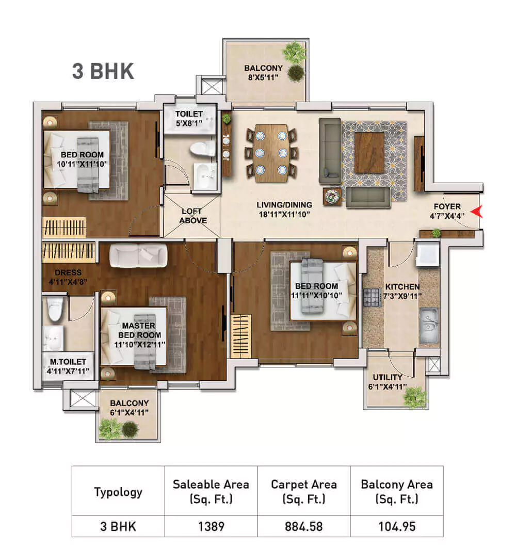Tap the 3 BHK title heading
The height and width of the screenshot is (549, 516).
point(103,72)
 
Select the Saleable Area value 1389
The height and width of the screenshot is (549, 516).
point(211,527)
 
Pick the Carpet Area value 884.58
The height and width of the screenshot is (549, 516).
point(303,527)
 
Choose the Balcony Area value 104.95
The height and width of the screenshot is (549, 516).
point(396,527)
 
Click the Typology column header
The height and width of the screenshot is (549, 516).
point(118,491)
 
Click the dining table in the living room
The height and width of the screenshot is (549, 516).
point(271,153)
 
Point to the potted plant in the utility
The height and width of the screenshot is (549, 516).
point(415,397)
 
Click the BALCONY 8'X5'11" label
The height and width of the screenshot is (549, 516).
point(263,72)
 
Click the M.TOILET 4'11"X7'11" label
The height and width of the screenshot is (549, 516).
point(66,366)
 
